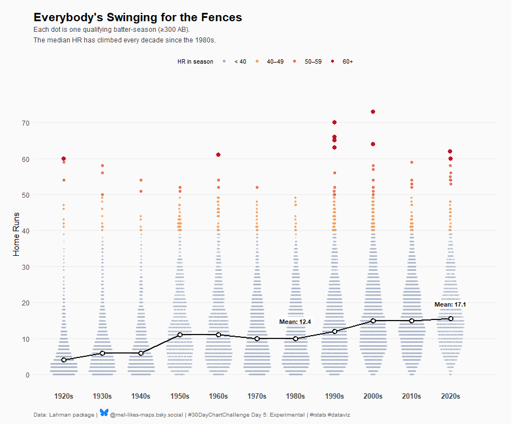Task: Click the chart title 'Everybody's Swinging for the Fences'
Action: pyautogui.click(x=137, y=17)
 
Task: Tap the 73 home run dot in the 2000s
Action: pyautogui.click(x=373, y=112)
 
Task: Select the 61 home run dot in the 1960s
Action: pyautogui.click(x=218, y=155)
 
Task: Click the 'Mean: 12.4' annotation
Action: pyautogui.click(x=295, y=322)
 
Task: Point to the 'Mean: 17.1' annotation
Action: pyautogui.click(x=450, y=305)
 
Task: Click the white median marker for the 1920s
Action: pyautogui.click(x=64, y=360)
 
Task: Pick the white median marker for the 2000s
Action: pyautogui.click(x=373, y=321)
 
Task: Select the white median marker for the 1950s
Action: pyautogui.click(x=180, y=335)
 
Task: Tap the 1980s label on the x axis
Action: pyautogui.click(x=295, y=396)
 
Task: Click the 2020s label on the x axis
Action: pyautogui.click(x=450, y=396)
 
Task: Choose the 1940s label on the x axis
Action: pyautogui.click(x=141, y=396)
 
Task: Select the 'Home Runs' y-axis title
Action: pyautogui.click(x=16, y=234)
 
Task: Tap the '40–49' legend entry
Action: pyautogui.click(x=270, y=61)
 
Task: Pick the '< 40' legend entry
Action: pyautogui.click(x=235, y=61)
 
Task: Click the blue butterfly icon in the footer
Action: pyautogui.click(x=104, y=413)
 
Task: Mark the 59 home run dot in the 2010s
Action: pyautogui.click(x=411, y=162)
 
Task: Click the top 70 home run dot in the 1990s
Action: pyautogui.click(x=334, y=122)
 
